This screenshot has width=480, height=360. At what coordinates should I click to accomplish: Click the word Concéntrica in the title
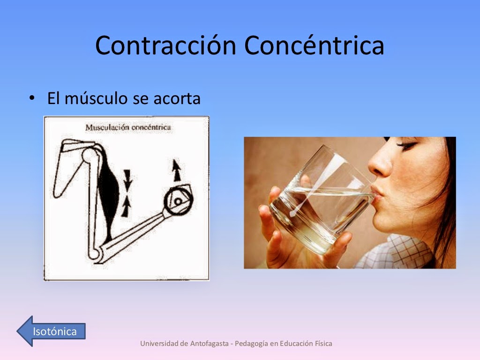coord(314,45)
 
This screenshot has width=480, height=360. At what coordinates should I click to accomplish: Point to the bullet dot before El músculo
coord(32,98)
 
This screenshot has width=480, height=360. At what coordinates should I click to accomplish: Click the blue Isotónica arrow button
coord(52,331)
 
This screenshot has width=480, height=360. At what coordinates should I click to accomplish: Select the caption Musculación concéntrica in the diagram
coord(128,127)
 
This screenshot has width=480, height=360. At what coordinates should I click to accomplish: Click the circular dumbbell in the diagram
coord(177,201)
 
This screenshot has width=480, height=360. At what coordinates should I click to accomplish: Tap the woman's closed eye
coord(406,145)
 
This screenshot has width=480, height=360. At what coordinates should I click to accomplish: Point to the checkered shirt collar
coord(398,251)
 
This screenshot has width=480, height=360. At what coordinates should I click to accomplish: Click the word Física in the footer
coord(323,344)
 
